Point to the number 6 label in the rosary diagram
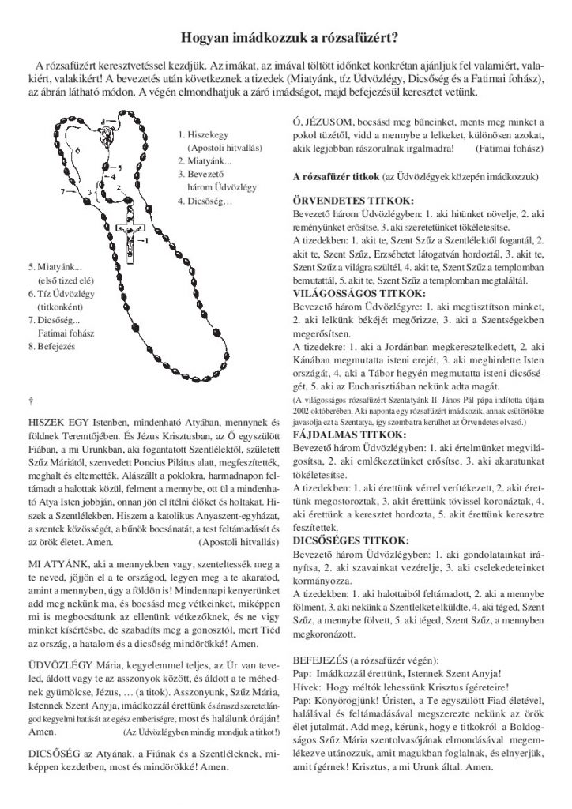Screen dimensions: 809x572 click(76, 148)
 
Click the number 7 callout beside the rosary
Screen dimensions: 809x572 click(62, 191)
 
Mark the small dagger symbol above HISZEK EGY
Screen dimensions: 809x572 click(30, 392)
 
